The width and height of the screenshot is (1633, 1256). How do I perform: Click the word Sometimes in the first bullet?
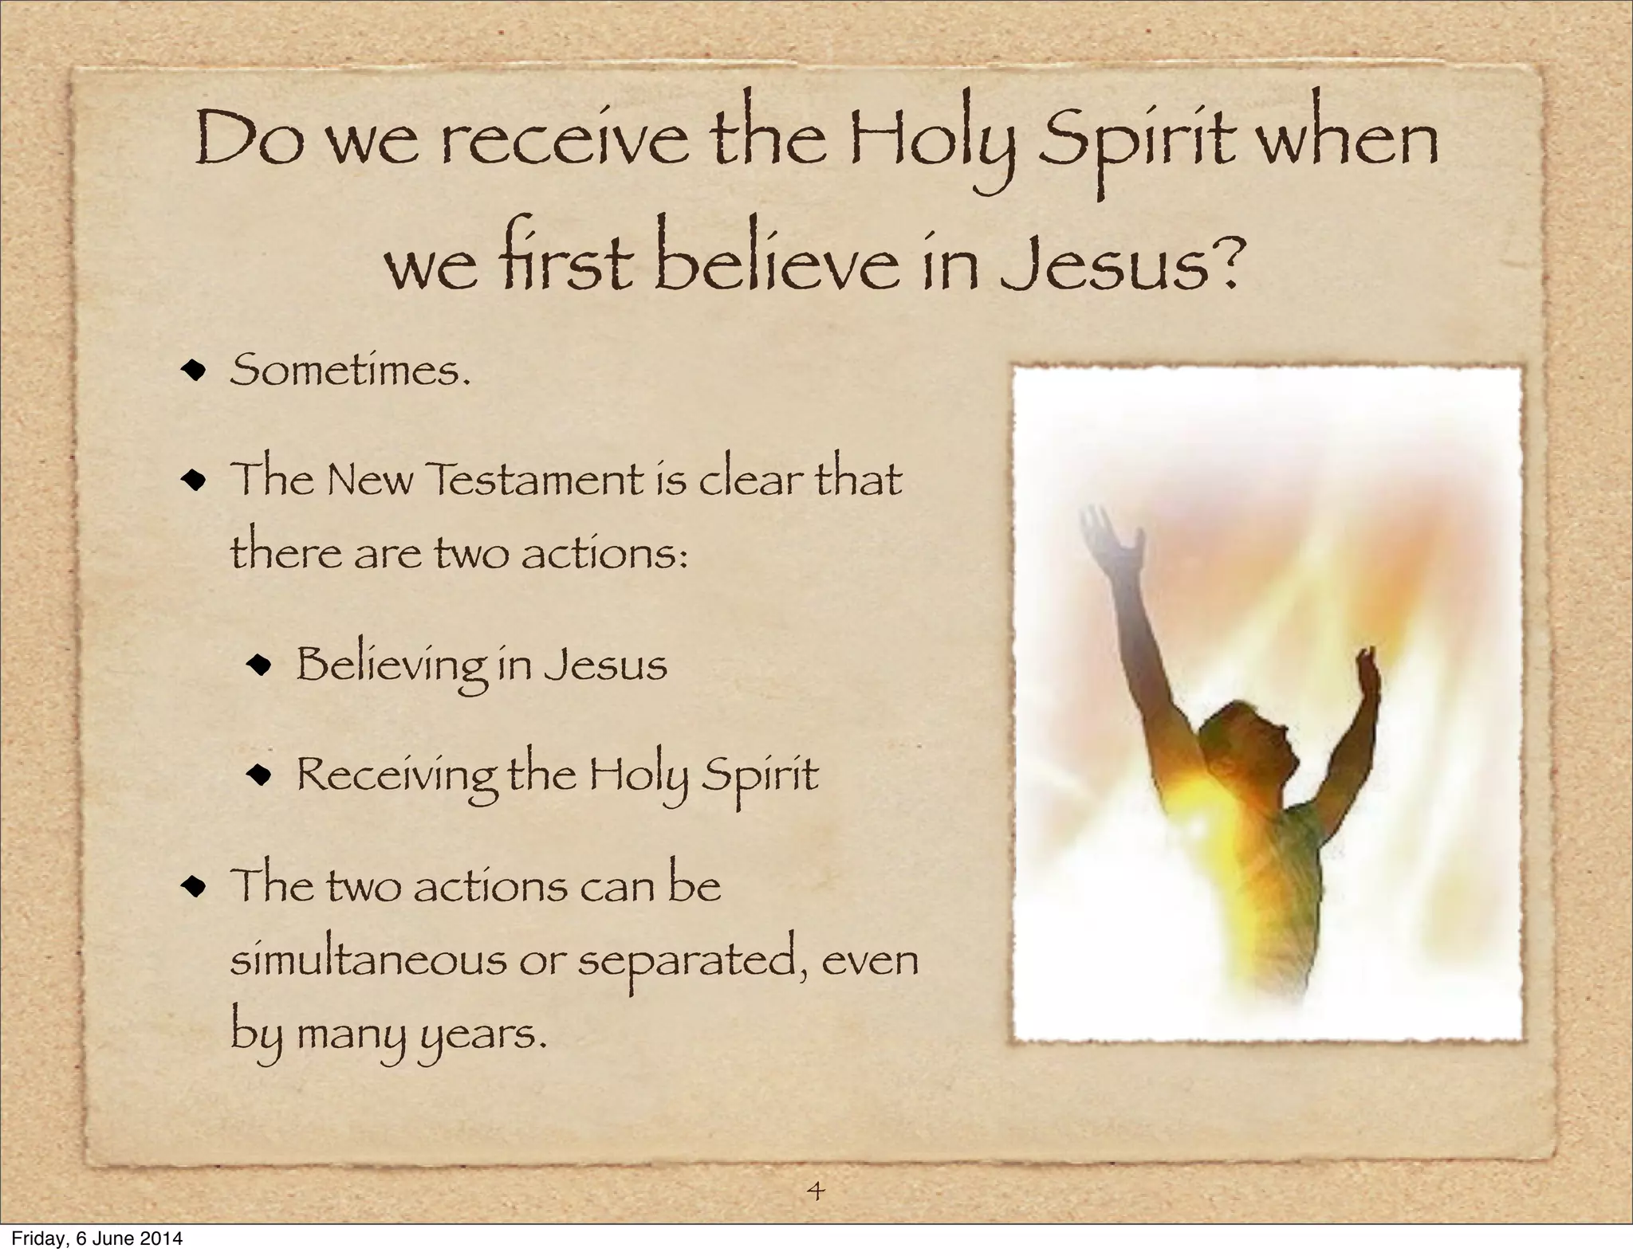(x=348, y=371)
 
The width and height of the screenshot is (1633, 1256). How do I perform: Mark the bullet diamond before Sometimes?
(x=194, y=371)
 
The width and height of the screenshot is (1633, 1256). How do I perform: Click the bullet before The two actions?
(x=194, y=886)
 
